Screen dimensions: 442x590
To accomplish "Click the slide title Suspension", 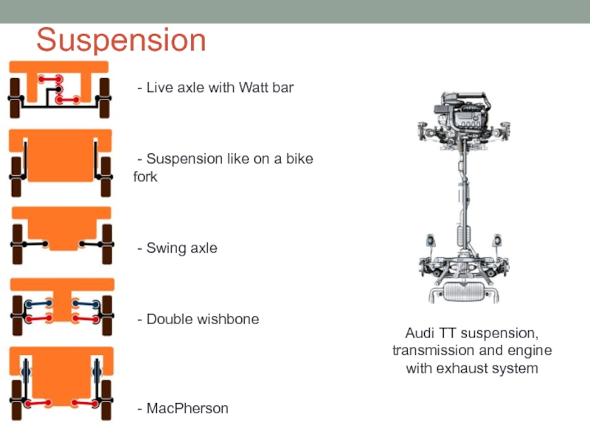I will tap(122, 40).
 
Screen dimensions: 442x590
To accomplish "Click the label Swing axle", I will tap(181, 248).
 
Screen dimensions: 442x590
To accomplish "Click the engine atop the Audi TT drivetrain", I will tap(464, 118).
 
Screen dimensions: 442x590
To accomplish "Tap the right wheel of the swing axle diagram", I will tap(107, 244).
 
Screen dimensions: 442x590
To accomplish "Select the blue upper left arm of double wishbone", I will tap(36, 304).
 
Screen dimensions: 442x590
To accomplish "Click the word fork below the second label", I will tap(145, 177).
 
